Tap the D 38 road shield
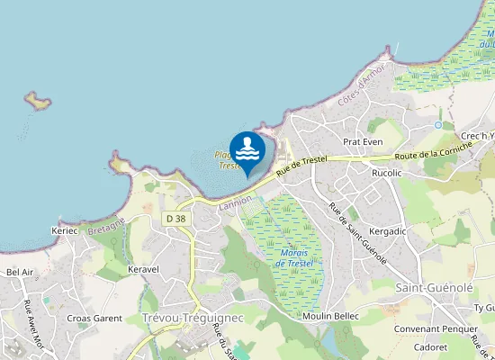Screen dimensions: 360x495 pyautogui.click(x=175, y=219)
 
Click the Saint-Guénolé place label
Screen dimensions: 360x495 pyautogui.click(x=435, y=286)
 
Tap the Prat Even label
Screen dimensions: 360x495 pyautogui.click(x=364, y=142)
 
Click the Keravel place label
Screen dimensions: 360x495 pyautogui.click(x=144, y=269)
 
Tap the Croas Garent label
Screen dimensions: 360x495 pyautogui.click(x=94, y=318)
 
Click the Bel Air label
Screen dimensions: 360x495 pyautogui.click(x=20, y=271)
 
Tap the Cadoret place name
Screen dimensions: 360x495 pyautogui.click(x=430, y=346)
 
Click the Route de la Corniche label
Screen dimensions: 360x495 pyautogui.click(x=434, y=149)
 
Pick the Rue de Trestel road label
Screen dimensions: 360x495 pyautogui.click(x=301, y=165)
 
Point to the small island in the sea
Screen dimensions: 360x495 pyautogui.click(x=37, y=100)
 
